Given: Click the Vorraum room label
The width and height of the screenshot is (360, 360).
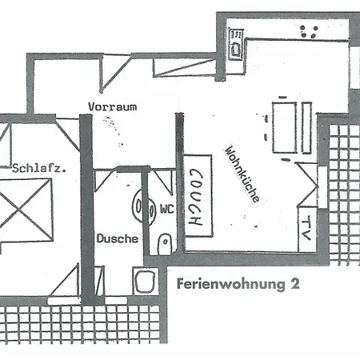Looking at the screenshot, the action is [113, 106].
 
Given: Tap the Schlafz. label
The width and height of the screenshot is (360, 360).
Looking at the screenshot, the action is [39, 169].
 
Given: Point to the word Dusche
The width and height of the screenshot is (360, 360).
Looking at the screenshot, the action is [118, 238].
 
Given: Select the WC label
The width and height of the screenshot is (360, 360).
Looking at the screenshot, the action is [167, 209].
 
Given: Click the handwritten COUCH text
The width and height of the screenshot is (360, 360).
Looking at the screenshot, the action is [196, 198].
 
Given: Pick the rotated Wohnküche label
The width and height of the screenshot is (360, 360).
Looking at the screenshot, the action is [242, 174].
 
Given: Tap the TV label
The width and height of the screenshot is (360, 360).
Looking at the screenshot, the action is [306, 228].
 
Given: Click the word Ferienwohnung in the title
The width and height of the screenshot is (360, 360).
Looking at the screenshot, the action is [231, 284].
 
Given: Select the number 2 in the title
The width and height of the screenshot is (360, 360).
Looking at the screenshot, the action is [294, 284].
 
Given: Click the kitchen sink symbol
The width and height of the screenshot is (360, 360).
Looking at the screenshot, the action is [236, 44].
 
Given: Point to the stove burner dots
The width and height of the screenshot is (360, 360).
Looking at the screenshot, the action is [309, 31].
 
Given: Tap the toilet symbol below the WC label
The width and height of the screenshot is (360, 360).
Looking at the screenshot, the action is [165, 244].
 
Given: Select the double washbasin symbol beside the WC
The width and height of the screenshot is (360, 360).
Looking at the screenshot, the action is [144, 206].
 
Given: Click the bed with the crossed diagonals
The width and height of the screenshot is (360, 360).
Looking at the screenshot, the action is [26, 210].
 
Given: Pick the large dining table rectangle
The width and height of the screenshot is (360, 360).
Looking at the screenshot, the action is [285, 128].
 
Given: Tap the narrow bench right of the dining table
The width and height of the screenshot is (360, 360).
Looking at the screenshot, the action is [306, 128].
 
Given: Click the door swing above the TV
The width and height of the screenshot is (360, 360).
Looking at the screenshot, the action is [308, 185].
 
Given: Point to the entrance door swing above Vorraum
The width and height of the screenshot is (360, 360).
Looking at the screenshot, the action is [115, 73].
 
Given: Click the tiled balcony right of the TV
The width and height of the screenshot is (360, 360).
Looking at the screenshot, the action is [345, 195].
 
